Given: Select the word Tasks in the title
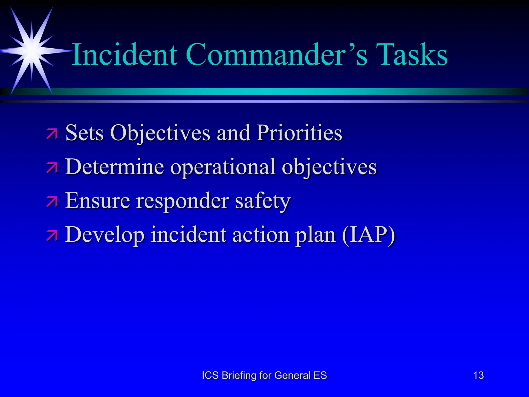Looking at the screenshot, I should (412, 55).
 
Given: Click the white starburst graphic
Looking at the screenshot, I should (32, 51).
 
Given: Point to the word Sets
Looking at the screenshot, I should (84, 133).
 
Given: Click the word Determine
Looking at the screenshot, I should (114, 167).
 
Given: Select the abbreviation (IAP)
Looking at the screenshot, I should (369, 235).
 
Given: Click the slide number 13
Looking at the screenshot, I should (478, 375).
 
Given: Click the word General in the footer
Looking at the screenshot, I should (292, 375).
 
